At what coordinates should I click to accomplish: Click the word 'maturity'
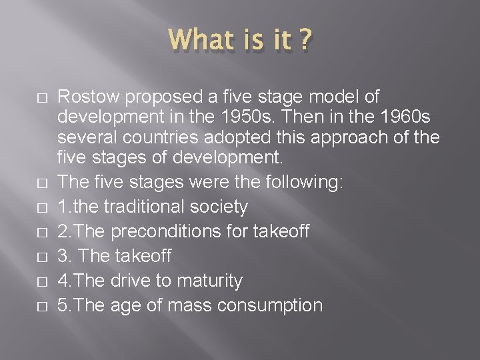[209, 281]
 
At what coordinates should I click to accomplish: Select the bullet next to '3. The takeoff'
[42, 257]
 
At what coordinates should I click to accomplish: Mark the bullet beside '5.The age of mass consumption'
[42, 306]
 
